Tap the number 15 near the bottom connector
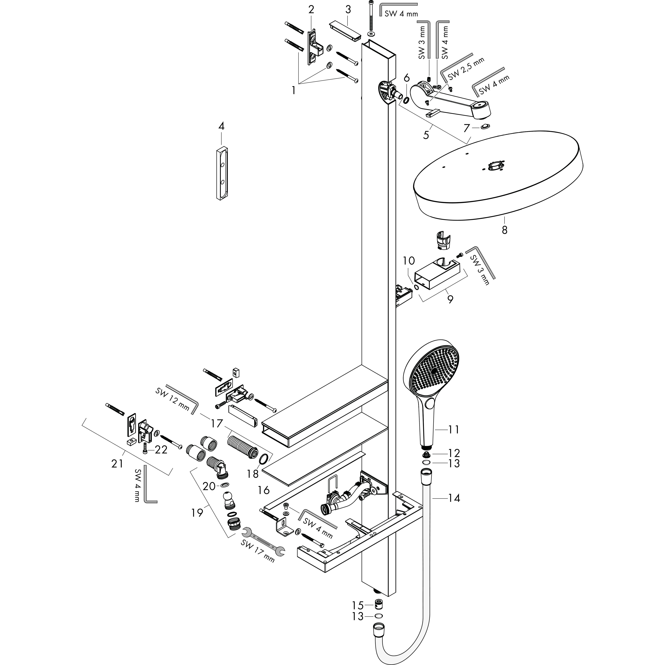(x=358, y=605)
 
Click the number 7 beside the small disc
(x=466, y=128)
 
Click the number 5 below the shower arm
(x=426, y=135)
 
